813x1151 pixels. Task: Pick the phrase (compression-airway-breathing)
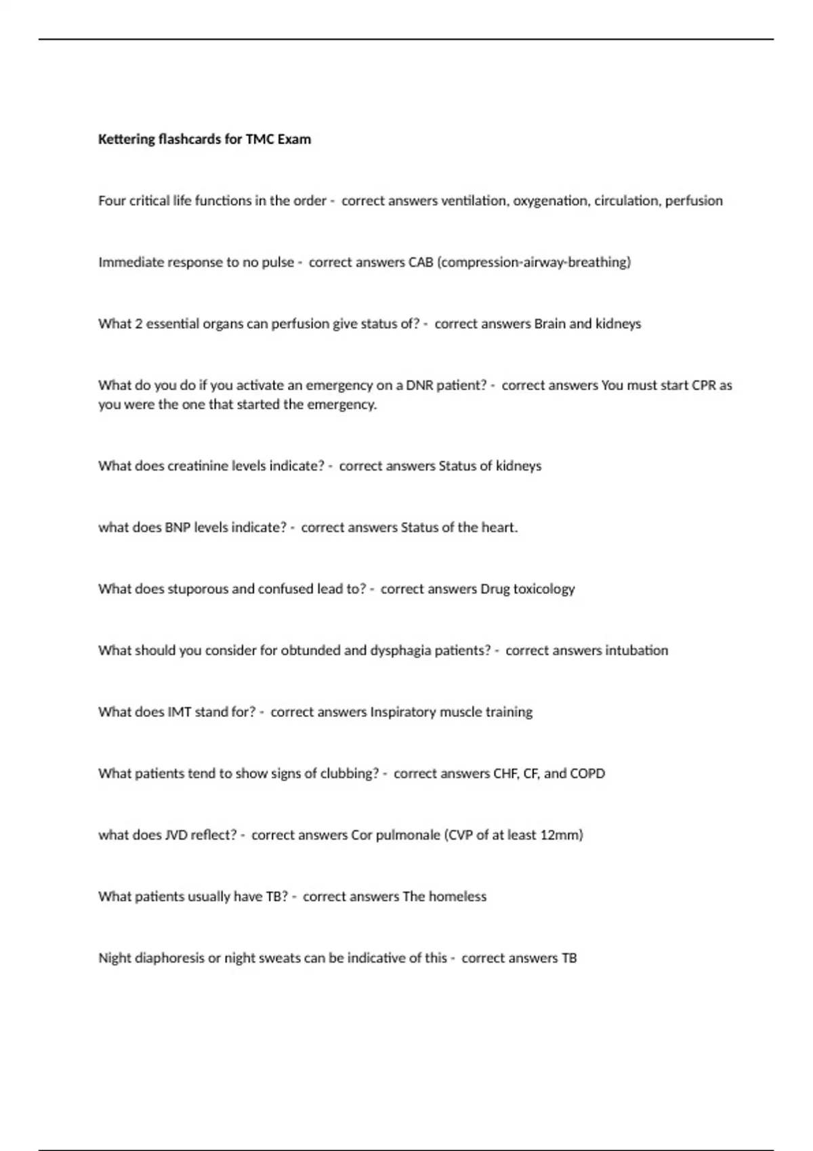coord(535,263)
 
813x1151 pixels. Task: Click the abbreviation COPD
coord(587,774)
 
